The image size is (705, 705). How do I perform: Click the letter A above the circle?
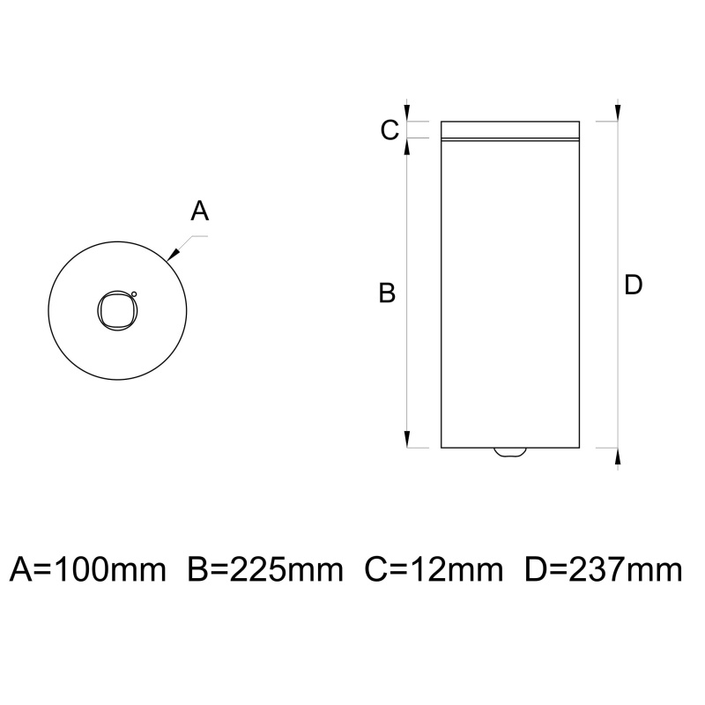coord(200,211)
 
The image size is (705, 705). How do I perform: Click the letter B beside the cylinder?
coord(387,293)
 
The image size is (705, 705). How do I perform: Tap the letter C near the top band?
coord(390,130)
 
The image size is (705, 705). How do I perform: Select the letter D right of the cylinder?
coord(634,285)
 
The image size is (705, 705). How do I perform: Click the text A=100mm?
coord(88,569)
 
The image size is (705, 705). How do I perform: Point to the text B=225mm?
coord(265,569)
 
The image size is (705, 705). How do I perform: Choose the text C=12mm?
coord(434,569)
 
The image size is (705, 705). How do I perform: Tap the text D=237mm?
coord(604,569)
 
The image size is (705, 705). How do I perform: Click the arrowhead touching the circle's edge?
coord(173,255)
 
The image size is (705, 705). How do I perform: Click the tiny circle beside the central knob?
coord(134,294)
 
